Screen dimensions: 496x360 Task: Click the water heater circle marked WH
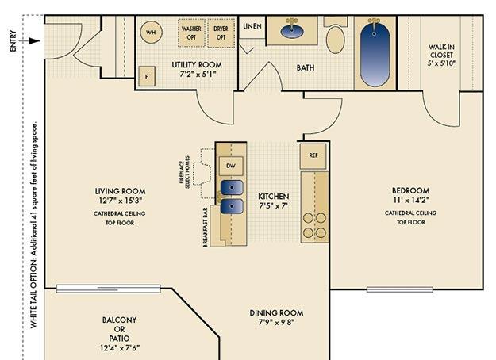click(152, 32)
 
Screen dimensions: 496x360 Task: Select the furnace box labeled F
click(147, 76)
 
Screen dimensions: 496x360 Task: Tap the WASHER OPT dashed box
click(191, 33)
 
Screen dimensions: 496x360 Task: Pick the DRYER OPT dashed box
click(221, 33)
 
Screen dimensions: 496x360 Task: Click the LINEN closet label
click(252, 26)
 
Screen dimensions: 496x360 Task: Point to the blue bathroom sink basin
click(292, 32)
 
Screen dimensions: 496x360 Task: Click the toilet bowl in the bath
click(336, 40)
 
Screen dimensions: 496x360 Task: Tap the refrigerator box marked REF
click(313, 155)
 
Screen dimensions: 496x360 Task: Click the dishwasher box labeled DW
click(231, 166)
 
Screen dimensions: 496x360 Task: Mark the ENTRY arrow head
click(35, 41)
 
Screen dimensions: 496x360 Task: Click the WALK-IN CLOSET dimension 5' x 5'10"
click(441, 63)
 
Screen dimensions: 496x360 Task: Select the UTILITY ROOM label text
click(197, 65)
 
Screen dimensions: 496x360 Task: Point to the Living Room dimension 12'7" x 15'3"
click(120, 201)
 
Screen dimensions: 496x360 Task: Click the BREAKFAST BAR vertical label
click(206, 227)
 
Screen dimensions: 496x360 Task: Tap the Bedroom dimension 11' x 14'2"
click(411, 200)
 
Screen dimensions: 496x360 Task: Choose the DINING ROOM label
click(276, 313)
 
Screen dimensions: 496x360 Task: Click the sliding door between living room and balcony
click(109, 289)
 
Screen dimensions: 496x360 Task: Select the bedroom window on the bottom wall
click(400, 289)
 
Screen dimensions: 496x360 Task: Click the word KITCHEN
click(274, 197)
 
